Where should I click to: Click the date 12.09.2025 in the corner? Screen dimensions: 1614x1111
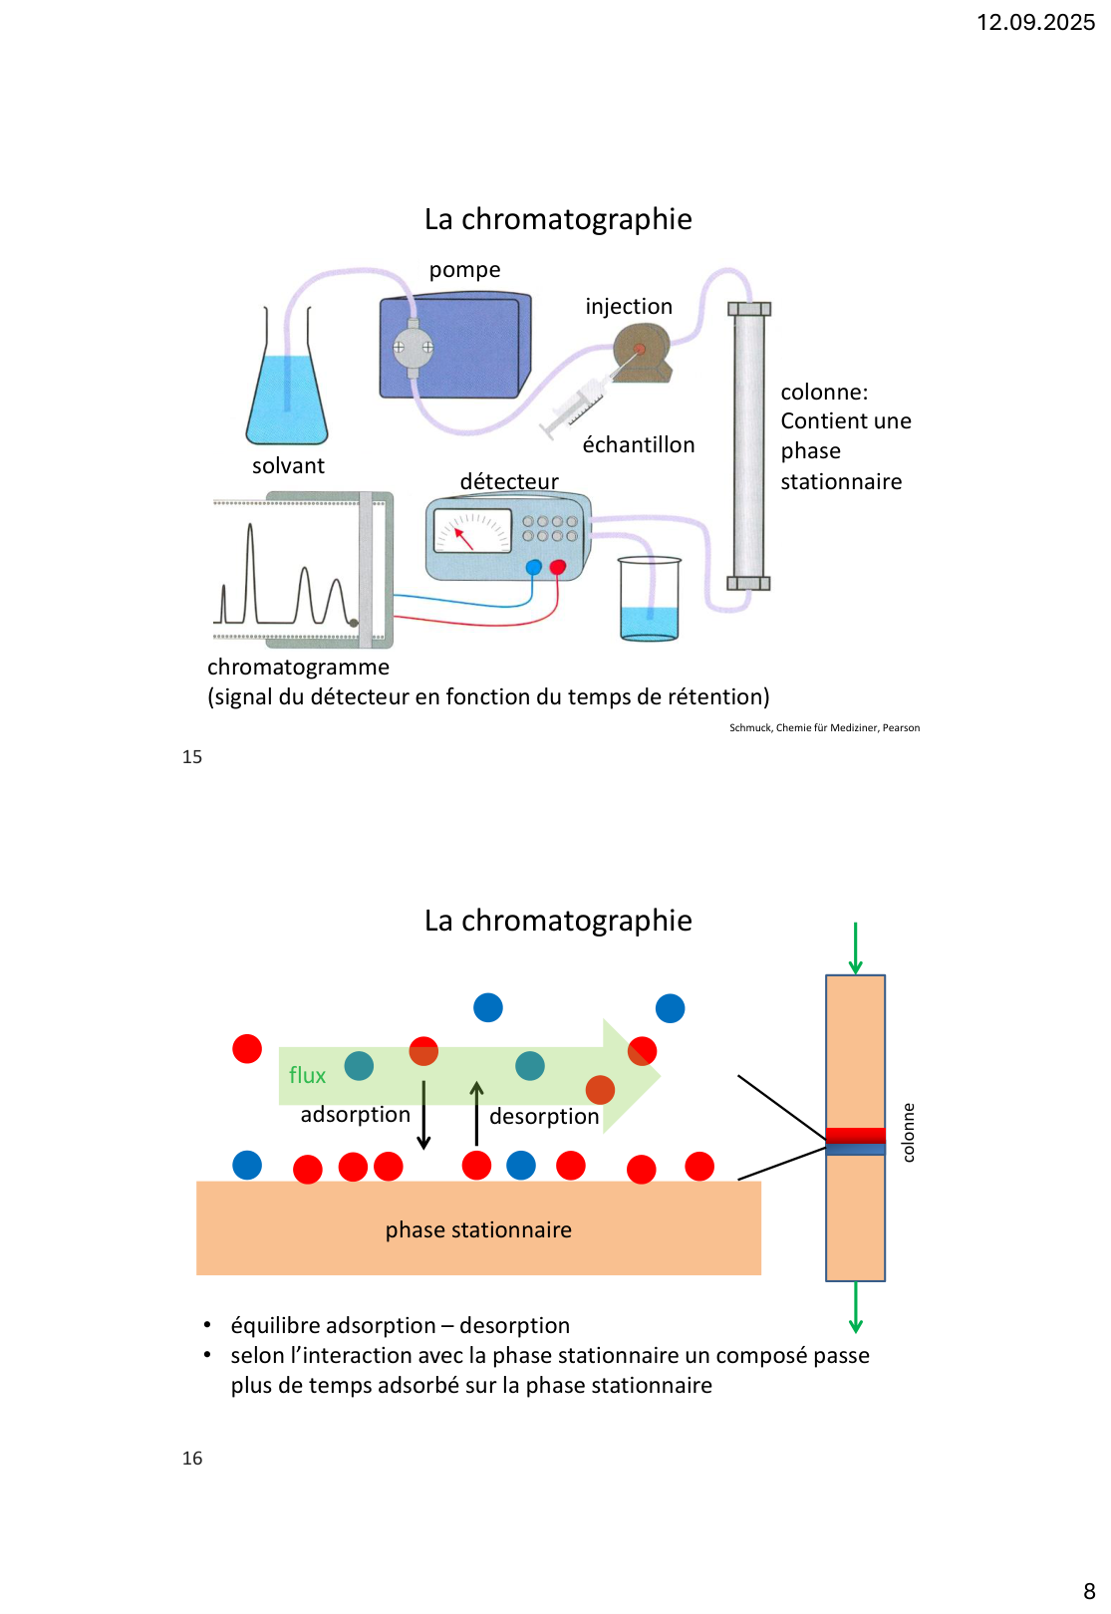click(x=1035, y=22)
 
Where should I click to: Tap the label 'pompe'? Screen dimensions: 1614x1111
click(x=464, y=270)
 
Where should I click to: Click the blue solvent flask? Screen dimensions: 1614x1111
click(x=287, y=399)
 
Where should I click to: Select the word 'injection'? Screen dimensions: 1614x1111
click(x=629, y=307)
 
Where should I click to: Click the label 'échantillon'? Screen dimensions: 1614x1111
click(x=639, y=445)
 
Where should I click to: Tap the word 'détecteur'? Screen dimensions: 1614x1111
click(x=509, y=482)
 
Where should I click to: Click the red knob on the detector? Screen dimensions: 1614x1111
click(x=558, y=567)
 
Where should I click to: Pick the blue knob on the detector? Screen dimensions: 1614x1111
click(x=534, y=567)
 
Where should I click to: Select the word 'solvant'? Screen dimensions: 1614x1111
click(x=288, y=466)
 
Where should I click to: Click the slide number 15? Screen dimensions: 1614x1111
click(x=192, y=757)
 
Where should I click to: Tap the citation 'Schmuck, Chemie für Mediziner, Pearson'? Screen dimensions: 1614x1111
click(x=824, y=728)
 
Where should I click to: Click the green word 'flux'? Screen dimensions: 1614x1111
click(x=307, y=1076)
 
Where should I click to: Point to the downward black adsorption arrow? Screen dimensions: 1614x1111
click(x=423, y=1116)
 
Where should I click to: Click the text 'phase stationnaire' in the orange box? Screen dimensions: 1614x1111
click(x=478, y=1230)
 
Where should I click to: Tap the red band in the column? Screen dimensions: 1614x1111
click(x=855, y=1135)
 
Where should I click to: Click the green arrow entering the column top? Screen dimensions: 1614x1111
click(x=855, y=948)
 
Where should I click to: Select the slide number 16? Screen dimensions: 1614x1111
click(x=192, y=1459)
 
